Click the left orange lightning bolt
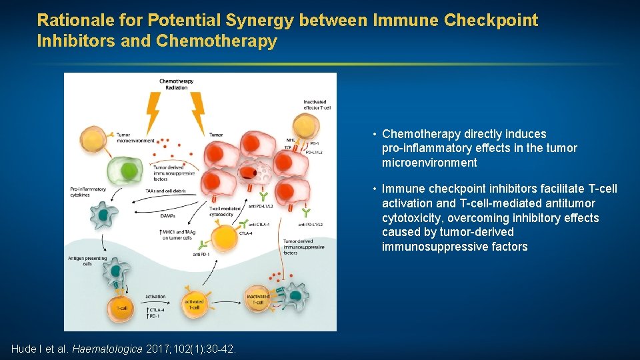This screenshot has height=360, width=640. click(x=153, y=111)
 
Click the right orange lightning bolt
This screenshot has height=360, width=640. click(x=197, y=111)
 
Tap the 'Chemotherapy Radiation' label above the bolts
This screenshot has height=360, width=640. click(x=176, y=85)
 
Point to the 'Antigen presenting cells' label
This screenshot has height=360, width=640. click(x=83, y=261)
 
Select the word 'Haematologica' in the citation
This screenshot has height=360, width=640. click(x=107, y=349)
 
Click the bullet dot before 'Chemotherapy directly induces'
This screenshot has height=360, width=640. click(x=375, y=134)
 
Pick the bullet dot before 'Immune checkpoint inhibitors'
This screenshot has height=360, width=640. click(x=375, y=189)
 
